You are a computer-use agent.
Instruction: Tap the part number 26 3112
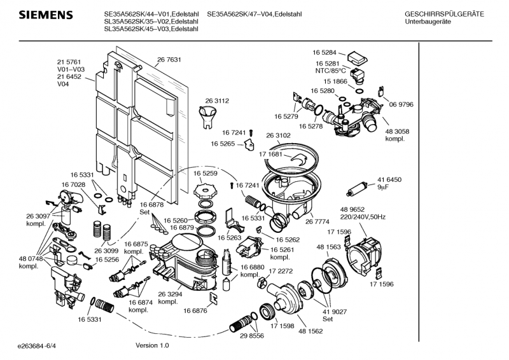tap(216, 100)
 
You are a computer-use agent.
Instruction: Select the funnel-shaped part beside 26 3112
tap(209, 117)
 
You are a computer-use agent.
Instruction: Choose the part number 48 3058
tap(397, 131)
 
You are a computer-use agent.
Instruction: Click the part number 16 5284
tap(324, 52)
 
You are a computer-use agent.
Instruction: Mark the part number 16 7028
tap(73, 184)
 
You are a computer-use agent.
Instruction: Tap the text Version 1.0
tap(153, 345)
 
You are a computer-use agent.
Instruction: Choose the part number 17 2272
tap(281, 271)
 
